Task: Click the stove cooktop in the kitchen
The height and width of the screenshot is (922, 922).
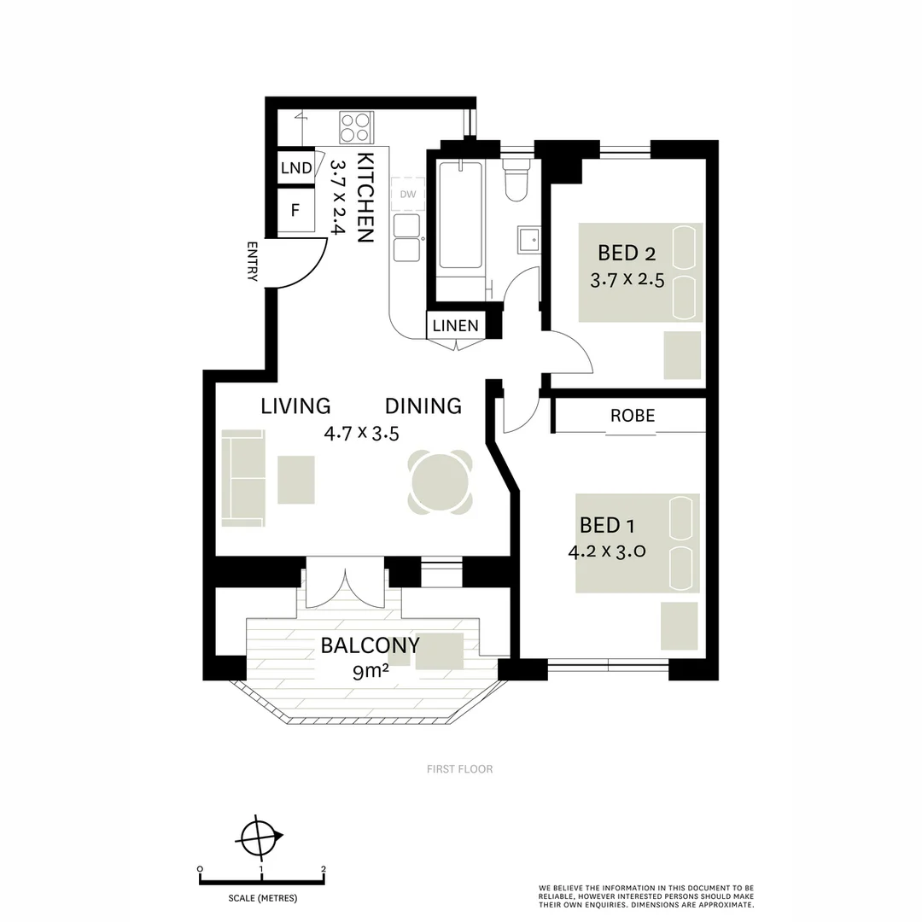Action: (356, 127)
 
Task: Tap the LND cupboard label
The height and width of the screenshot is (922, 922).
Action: (296, 168)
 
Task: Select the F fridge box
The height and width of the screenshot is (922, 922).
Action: (295, 210)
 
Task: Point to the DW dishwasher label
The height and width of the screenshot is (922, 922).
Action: (408, 195)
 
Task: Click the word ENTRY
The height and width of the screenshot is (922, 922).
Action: (252, 261)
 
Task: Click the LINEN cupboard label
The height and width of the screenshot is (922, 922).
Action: (455, 325)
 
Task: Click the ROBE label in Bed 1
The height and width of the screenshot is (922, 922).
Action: (633, 416)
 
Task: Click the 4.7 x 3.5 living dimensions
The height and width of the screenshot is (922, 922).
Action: (361, 433)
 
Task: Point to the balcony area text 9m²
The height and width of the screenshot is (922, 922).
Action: (371, 672)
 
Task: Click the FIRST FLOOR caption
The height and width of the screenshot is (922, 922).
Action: (459, 769)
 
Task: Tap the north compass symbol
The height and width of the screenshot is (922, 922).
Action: (260, 837)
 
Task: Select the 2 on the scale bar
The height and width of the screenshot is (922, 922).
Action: (324, 869)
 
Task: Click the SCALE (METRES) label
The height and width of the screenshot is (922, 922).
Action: (262, 898)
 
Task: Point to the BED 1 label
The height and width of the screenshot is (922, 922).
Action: (607, 524)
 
